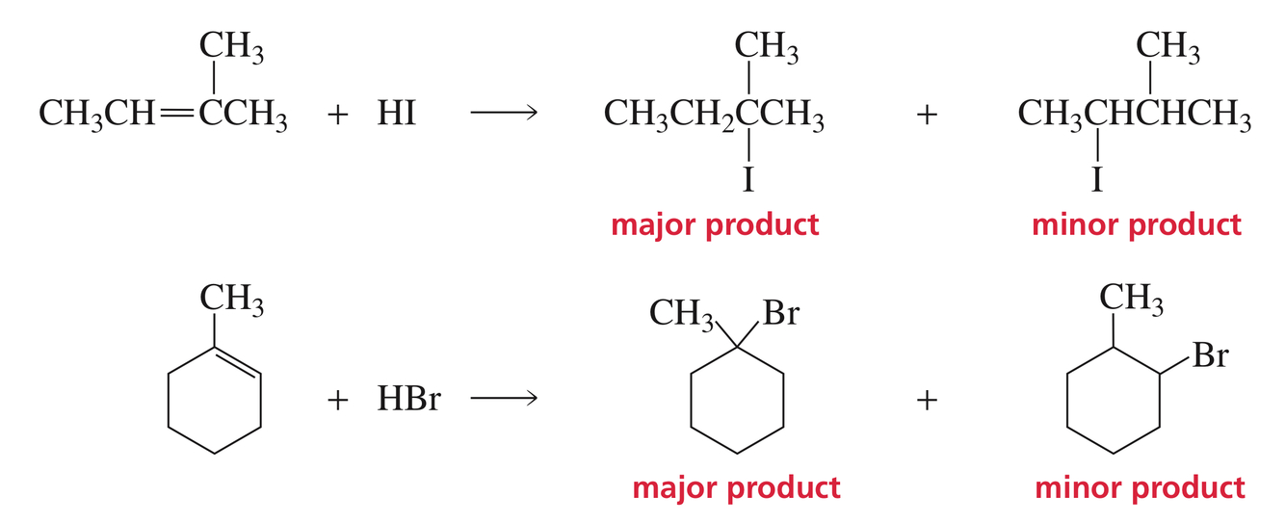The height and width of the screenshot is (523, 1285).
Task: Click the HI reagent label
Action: point(396,114)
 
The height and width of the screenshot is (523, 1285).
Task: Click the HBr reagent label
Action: point(408,399)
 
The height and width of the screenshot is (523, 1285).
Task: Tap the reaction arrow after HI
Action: point(503,114)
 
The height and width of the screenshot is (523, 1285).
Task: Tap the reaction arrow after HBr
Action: point(503,399)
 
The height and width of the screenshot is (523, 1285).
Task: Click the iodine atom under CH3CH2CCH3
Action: point(747,179)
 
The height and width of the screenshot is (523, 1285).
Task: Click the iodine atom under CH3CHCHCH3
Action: point(1097,179)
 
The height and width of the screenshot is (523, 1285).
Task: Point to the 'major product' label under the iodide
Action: point(715,224)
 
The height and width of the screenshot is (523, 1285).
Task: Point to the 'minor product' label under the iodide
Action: point(1137,224)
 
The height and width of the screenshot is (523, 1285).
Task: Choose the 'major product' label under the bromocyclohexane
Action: point(736,487)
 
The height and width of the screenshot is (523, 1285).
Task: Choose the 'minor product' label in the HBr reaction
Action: point(1140,487)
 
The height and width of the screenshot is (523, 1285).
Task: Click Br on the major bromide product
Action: point(779,313)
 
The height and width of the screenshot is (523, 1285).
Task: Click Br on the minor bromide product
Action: point(1209,356)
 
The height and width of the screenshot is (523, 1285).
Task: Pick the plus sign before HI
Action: point(338,115)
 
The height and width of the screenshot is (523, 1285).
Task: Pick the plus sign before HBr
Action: point(338,400)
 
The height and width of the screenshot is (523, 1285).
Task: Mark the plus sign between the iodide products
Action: point(927,115)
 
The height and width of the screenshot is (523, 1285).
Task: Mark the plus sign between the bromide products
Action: point(927,400)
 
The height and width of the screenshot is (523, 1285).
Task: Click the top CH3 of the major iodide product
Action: point(767,45)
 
